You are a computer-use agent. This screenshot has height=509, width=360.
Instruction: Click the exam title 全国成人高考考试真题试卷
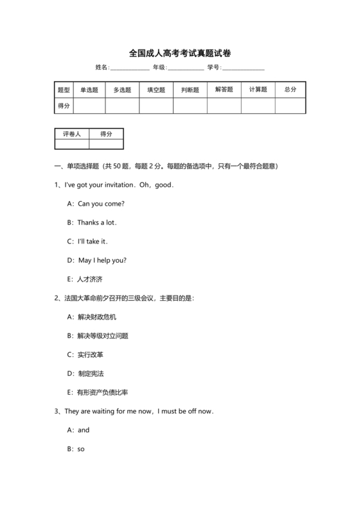click(179, 53)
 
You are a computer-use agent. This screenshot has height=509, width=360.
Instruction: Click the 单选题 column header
click(89, 90)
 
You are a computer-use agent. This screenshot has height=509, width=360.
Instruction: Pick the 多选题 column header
click(122, 90)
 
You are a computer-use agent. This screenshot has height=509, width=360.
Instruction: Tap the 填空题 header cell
click(156, 90)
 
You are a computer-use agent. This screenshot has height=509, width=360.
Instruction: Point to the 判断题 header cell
click(190, 90)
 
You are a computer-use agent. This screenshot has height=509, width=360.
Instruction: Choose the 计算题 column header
click(258, 90)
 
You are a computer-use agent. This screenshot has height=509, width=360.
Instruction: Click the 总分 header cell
click(290, 90)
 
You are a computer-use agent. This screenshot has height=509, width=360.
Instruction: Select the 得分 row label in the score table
click(64, 106)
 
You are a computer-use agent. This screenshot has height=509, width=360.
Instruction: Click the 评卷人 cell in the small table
click(72, 134)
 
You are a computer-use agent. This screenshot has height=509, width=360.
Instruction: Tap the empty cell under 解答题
click(224, 106)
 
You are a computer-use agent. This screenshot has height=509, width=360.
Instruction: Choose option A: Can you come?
click(96, 204)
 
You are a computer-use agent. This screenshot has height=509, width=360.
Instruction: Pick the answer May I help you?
click(96, 260)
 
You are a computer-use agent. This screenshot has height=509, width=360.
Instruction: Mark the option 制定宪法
click(88, 373)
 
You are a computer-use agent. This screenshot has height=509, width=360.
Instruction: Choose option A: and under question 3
click(78, 430)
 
